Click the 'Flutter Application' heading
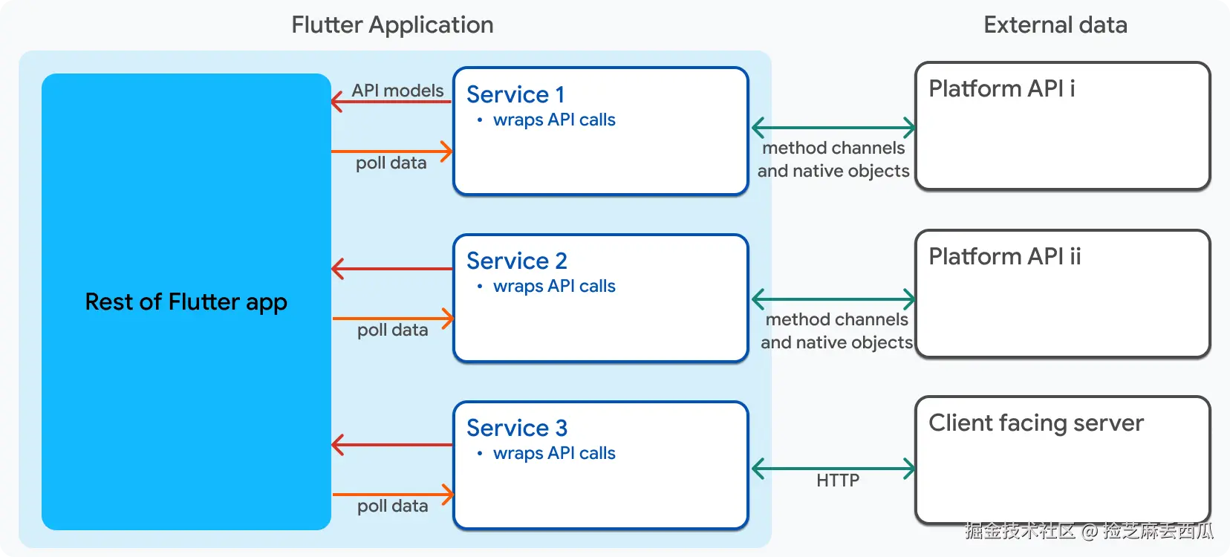(392, 25)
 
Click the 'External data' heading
(1055, 25)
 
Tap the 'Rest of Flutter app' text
(186, 302)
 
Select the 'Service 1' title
(515, 94)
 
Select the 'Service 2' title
(516, 261)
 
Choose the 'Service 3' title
(516, 428)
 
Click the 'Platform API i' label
(1001, 88)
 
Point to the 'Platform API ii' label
(1004, 256)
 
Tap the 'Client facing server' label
(1035, 423)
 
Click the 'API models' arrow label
(397, 90)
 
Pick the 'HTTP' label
(837, 481)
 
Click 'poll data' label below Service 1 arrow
(391, 163)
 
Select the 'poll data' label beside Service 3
(392, 506)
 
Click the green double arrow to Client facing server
(833, 469)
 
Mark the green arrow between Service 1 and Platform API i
(833, 128)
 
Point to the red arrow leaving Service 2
(392, 269)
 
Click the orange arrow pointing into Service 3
(392, 494)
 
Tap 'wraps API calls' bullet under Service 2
(553, 286)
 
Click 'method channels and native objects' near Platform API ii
(836, 330)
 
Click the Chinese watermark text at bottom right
(1089, 531)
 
